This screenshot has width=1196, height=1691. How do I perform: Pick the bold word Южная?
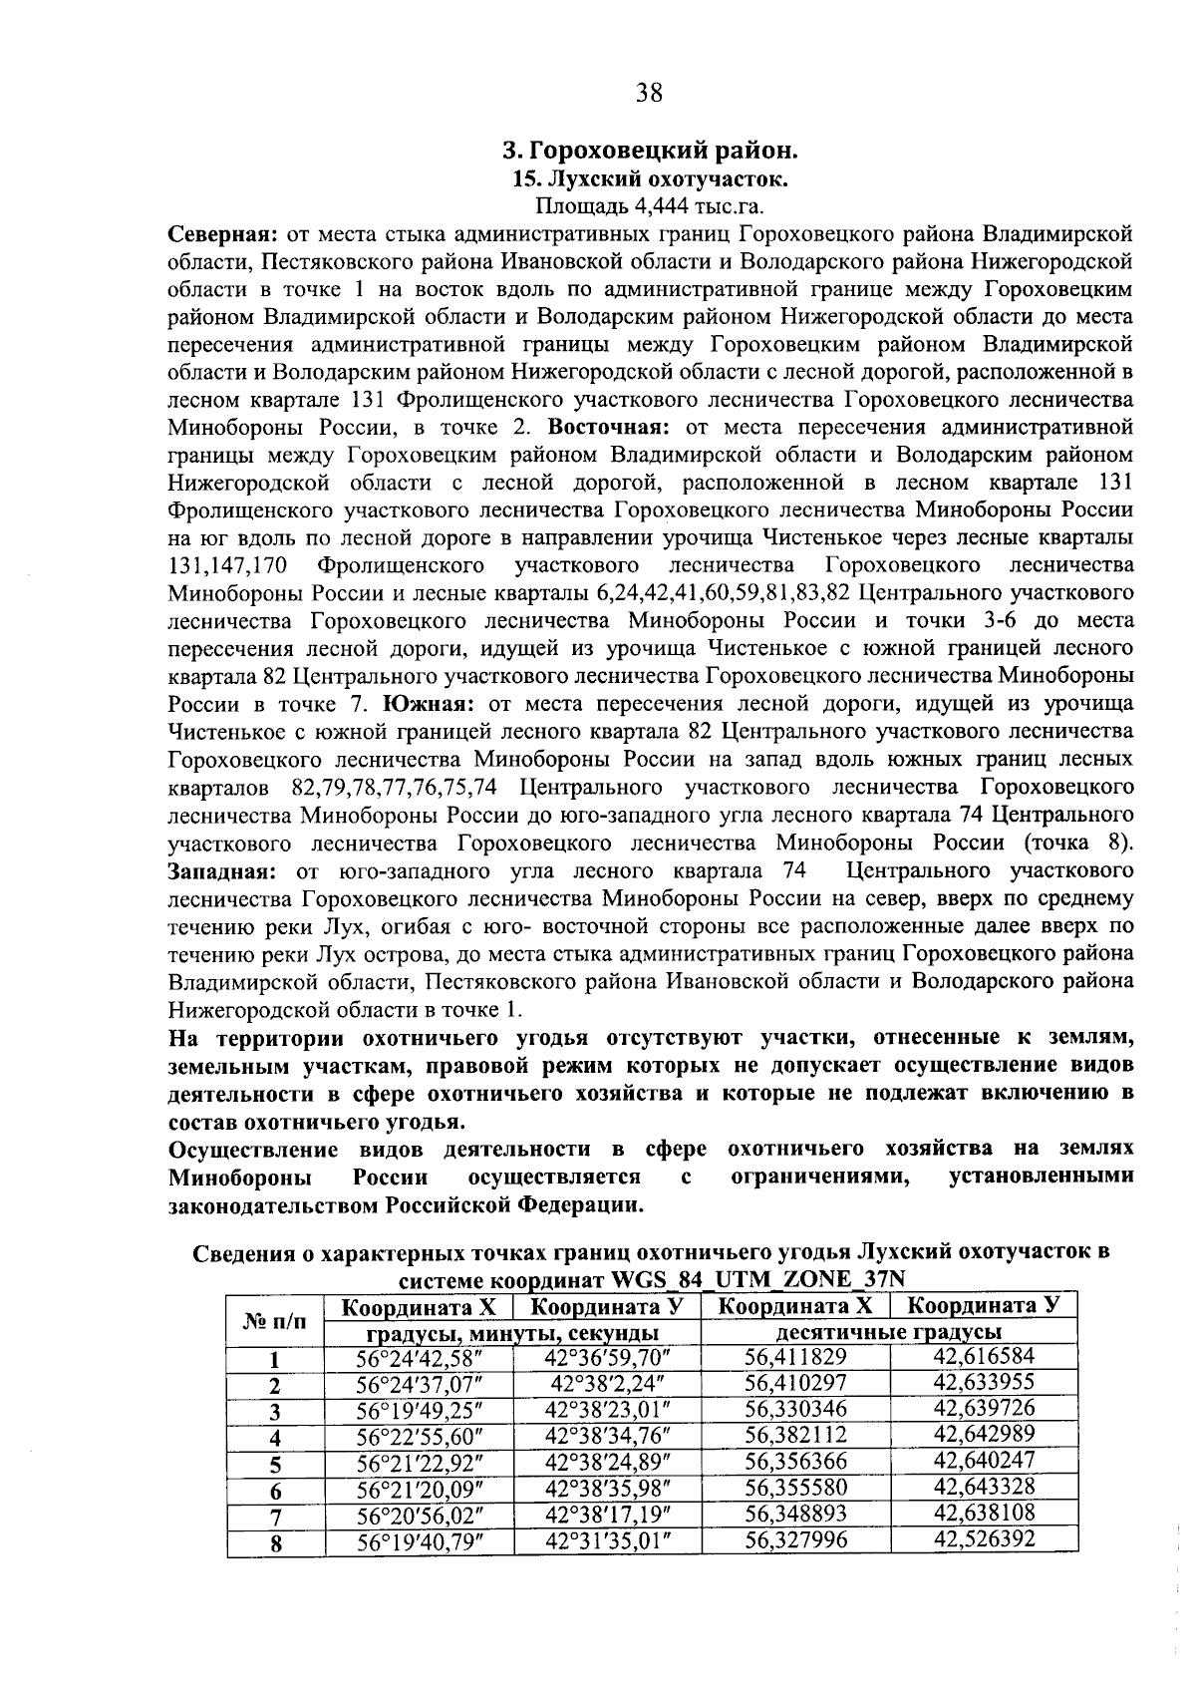(428, 704)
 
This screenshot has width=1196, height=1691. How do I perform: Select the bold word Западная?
(226, 870)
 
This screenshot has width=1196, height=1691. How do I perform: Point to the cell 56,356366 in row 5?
(795, 1461)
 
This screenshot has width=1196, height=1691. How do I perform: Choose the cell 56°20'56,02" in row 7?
(420, 1514)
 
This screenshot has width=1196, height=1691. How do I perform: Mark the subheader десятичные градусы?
(889, 1333)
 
